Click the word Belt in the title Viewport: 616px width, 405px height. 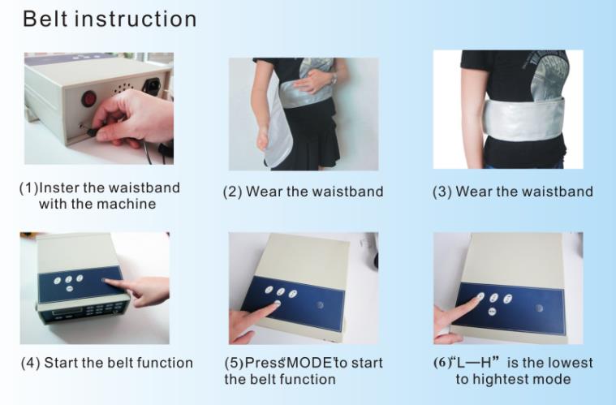[x=45, y=19]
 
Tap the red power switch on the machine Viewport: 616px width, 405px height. [x=89, y=98]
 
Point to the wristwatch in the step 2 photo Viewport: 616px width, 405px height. [x=334, y=79]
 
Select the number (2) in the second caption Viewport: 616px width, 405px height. [x=233, y=192]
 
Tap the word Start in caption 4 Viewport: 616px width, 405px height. [x=60, y=363]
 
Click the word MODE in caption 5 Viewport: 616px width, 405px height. [x=309, y=363]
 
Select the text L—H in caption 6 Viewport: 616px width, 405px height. [x=475, y=362]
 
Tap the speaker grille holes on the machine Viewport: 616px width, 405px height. [x=123, y=88]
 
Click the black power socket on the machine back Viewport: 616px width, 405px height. [x=151, y=86]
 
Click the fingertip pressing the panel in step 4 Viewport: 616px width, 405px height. [x=106, y=281]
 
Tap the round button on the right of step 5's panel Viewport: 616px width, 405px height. [x=321, y=304]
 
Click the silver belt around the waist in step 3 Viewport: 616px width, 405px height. [x=523, y=119]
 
